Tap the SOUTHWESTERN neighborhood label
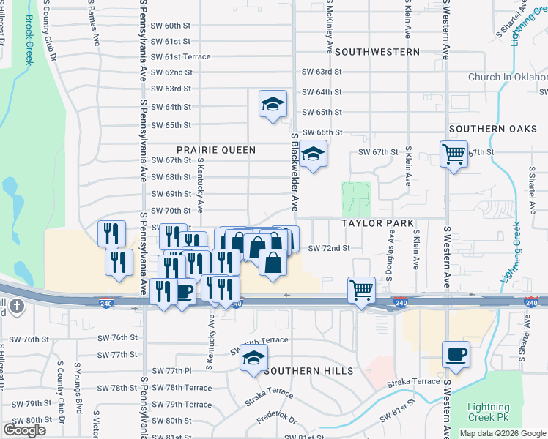click(378, 52)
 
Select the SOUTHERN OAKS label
click(487, 129)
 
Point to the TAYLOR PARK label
click(377, 222)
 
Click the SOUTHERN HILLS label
click(308, 371)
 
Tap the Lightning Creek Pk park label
click(488, 413)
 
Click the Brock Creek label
click(29, 41)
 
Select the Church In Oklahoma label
click(508, 77)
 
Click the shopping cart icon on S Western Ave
click(453, 154)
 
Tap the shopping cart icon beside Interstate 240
click(361, 290)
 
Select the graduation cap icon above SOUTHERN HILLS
click(253, 359)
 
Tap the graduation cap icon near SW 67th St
click(313, 154)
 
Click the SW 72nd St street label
click(329, 249)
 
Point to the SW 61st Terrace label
click(180, 56)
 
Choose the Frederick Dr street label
click(276, 421)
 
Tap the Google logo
click(24, 430)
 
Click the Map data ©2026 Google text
click(503, 433)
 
